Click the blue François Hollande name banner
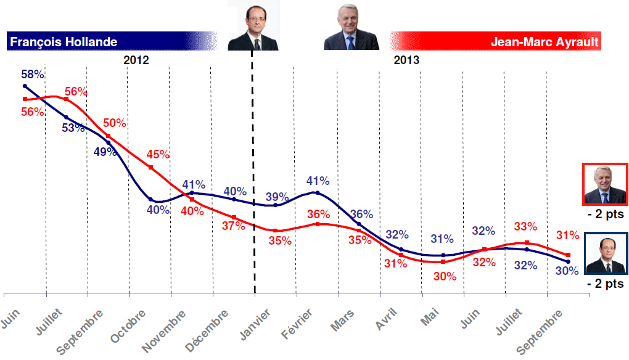(111, 42)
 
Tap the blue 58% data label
(32, 75)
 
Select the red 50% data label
(114, 123)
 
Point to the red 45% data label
(157, 155)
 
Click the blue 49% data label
(105, 152)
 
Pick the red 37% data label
(234, 226)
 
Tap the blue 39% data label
(277, 197)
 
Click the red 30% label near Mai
(444, 277)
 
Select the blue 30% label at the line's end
(566, 270)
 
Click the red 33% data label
(525, 226)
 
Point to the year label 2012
(136, 60)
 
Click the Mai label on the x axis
(432, 318)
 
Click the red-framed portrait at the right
(605, 185)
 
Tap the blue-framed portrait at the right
(605, 253)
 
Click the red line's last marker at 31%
(568, 255)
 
